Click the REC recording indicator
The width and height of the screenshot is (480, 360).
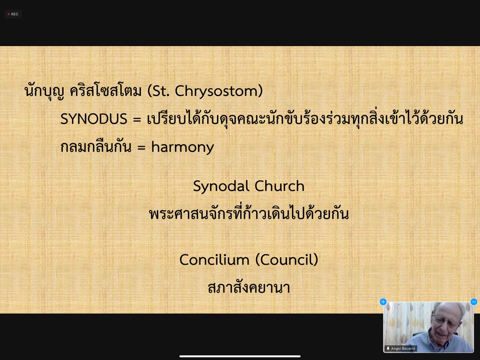(13, 14)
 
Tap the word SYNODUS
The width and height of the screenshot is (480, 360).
(93, 119)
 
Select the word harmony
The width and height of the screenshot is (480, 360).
(183, 147)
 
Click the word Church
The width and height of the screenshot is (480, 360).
(279, 186)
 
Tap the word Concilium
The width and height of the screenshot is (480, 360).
(214, 260)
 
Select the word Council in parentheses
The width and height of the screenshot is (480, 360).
(287, 260)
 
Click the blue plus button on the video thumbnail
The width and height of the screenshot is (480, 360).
(383, 302)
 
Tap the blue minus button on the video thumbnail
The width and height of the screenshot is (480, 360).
(474, 302)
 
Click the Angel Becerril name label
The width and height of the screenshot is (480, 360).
(403, 349)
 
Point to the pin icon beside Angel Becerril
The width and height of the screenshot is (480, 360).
(388, 349)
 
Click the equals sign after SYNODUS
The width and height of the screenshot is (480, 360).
(137, 119)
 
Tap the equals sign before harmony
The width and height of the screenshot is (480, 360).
(141, 147)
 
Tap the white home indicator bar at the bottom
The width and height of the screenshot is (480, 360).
(240, 356)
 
